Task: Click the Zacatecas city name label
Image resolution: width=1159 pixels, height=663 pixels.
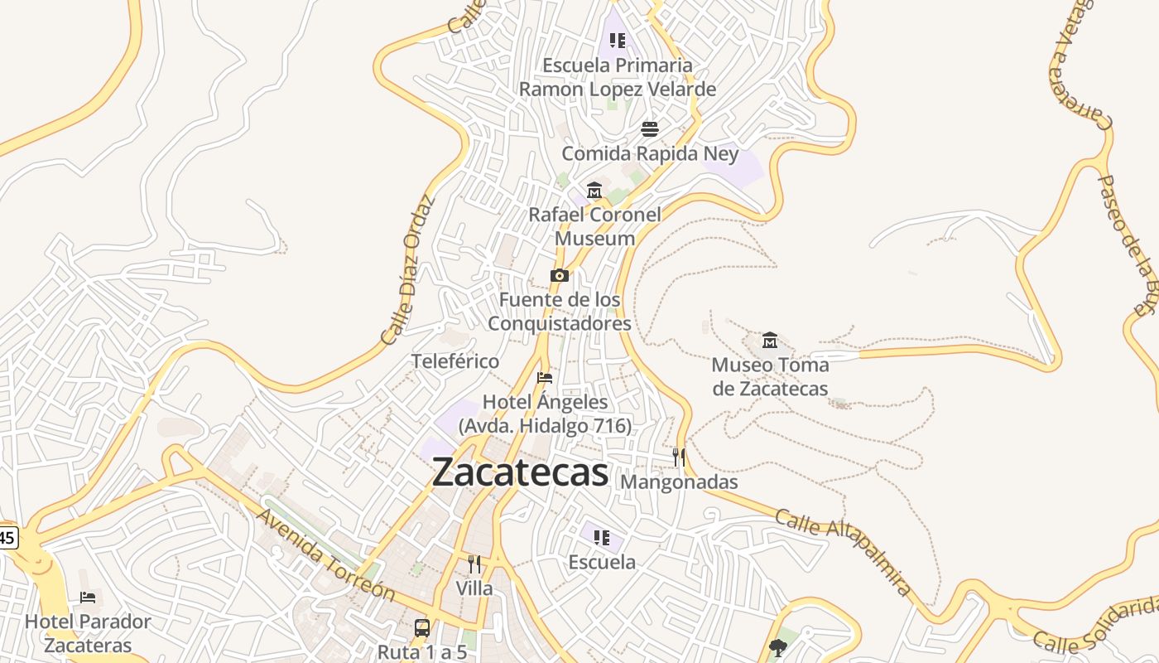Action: pyautogui.click(x=520, y=472)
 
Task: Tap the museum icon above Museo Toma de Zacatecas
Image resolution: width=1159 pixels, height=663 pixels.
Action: pyautogui.click(x=770, y=340)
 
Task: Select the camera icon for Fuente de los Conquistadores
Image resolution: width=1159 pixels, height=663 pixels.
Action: pyautogui.click(x=560, y=275)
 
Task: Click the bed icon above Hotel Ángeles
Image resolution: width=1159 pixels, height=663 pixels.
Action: pyautogui.click(x=545, y=378)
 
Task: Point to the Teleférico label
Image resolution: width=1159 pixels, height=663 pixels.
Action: pyautogui.click(x=455, y=361)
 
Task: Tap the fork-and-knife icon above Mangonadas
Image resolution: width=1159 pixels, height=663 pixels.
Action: pyautogui.click(x=679, y=457)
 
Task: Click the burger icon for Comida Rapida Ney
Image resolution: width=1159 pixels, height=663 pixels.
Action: pyautogui.click(x=650, y=129)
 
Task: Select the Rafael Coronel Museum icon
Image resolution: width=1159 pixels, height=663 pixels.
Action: pyautogui.click(x=594, y=191)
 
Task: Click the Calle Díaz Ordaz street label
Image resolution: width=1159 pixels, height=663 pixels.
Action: pyautogui.click(x=408, y=270)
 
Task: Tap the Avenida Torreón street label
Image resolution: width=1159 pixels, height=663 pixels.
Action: pyautogui.click(x=325, y=555)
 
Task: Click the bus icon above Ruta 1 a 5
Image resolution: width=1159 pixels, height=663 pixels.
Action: pyautogui.click(x=422, y=627)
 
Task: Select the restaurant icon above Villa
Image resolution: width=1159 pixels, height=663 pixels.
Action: pyautogui.click(x=474, y=564)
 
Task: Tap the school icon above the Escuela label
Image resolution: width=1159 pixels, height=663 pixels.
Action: pyautogui.click(x=602, y=538)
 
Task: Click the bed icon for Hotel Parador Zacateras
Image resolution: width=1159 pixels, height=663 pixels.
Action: pyautogui.click(x=88, y=598)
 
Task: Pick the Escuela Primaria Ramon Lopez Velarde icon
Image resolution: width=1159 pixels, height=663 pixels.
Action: pyautogui.click(x=617, y=40)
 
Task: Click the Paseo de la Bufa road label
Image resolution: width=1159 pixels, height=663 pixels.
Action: pyautogui.click(x=1127, y=244)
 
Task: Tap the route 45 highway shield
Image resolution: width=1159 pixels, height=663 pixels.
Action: pyautogui.click(x=7, y=537)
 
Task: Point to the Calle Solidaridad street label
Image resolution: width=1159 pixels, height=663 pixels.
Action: pyautogui.click(x=1097, y=627)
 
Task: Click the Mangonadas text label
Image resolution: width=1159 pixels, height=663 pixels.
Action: pyautogui.click(x=679, y=482)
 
